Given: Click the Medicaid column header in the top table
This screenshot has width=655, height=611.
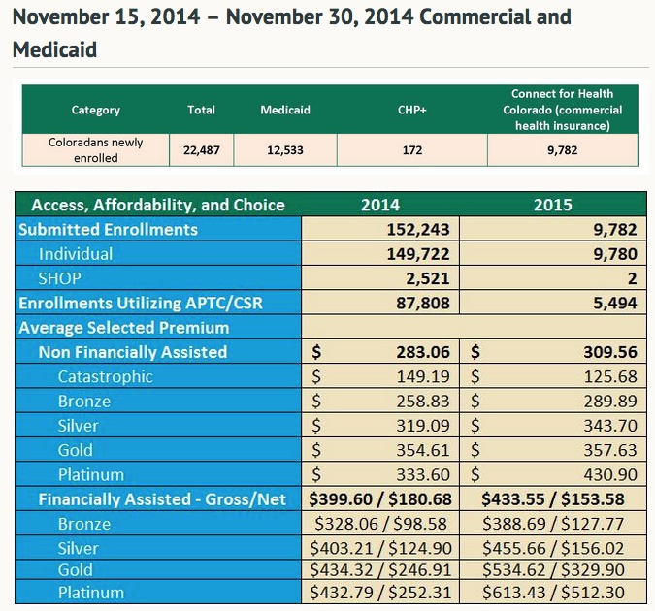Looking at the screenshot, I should click(x=285, y=110).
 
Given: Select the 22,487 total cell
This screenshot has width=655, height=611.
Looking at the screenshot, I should click(x=202, y=150).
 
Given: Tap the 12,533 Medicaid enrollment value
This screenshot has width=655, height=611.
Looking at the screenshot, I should click(x=285, y=150).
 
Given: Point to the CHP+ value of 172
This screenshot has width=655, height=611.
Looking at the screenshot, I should click(x=412, y=150).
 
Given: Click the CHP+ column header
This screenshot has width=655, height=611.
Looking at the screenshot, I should click(x=412, y=110).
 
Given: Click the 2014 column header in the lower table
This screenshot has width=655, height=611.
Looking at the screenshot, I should click(x=379, y=205).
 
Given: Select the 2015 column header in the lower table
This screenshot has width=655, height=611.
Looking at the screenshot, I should click(x=553, y=205).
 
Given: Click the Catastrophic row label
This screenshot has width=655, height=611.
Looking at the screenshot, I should click(x=105, y=376).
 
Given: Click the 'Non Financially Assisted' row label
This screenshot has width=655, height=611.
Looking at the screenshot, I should click(x=133, y=352).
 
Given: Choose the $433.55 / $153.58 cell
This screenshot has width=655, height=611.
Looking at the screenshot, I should click(x=553, y=499).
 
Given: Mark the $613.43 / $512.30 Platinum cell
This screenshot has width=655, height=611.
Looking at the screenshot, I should click(x=553, y=593).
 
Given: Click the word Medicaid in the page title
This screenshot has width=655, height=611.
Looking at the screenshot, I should click(x=54, y=49).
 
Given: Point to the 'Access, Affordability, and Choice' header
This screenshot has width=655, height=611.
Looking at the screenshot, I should click(x=158, y=205).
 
